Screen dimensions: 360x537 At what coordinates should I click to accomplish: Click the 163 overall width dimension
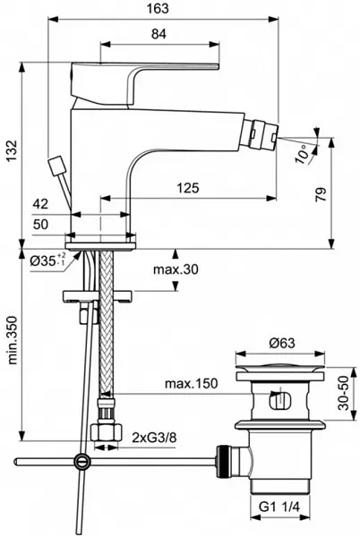[159, 9]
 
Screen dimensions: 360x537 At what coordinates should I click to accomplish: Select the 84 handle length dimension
[159, 34]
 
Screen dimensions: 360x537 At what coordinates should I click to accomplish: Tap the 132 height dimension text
[11, 151]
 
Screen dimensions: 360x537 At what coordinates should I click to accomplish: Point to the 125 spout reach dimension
[188, 188]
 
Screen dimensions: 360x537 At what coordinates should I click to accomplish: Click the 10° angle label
[302, 154]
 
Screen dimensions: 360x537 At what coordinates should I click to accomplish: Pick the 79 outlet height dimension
[321, 194]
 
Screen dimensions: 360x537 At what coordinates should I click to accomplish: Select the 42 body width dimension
[40, 204]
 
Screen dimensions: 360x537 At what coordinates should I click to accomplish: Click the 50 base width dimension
[41, 225]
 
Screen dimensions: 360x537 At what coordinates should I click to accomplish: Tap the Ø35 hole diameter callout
[47, 261]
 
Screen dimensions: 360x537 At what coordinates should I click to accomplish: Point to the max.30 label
[176, 269]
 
